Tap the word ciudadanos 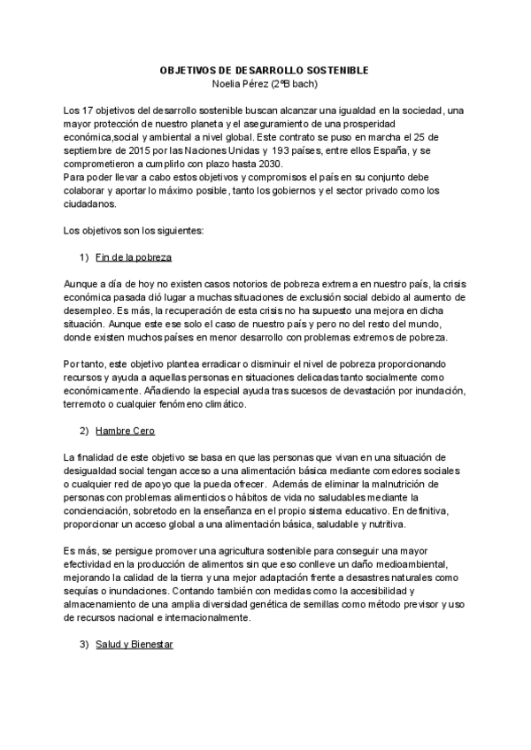click(x=89, y=202)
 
